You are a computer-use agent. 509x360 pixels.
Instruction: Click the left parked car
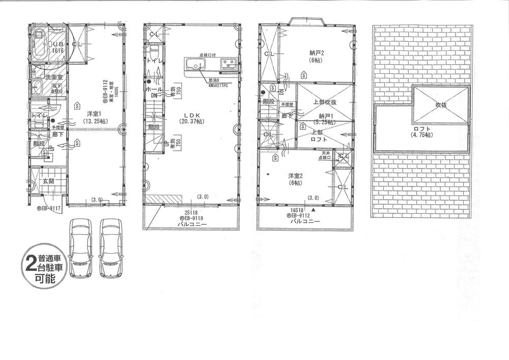click(80, 248)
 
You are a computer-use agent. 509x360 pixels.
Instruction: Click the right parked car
click(112, 248)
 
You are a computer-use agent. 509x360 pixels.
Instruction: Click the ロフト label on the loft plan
click(420, 129)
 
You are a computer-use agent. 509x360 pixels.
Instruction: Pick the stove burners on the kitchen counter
click(228, 64)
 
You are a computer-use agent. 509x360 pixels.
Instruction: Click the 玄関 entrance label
click(48, 181)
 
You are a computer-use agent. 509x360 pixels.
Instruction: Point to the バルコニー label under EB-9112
click(305, 222)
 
